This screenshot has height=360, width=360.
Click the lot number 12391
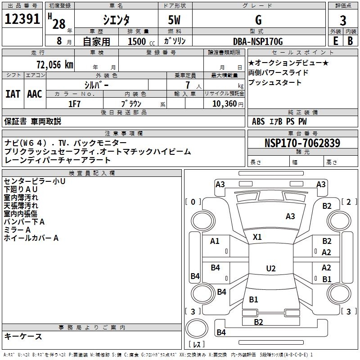click(22, 19)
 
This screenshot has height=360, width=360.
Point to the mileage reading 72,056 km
click(54, 65)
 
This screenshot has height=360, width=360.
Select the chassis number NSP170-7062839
click(302, 144)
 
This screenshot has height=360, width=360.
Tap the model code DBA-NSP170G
click(258, 42)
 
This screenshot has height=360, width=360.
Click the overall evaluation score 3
click(343, 20)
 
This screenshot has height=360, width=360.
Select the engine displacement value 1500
click(137, 42)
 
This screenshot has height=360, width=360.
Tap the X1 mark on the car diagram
click(257, 237)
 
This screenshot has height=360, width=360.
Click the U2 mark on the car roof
click(270, 269)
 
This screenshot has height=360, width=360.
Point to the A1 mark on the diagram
click(215, 241)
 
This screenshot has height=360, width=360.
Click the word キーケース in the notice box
click(23, 336)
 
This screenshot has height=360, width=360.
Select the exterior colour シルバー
click(97, 85)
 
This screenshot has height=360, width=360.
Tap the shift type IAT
click(13, 94)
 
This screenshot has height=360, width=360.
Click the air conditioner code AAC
click(34, 94)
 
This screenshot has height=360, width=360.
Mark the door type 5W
click(175, 20)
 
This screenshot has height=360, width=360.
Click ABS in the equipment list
click(258, 121)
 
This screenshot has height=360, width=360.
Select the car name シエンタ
click(116, 20)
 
